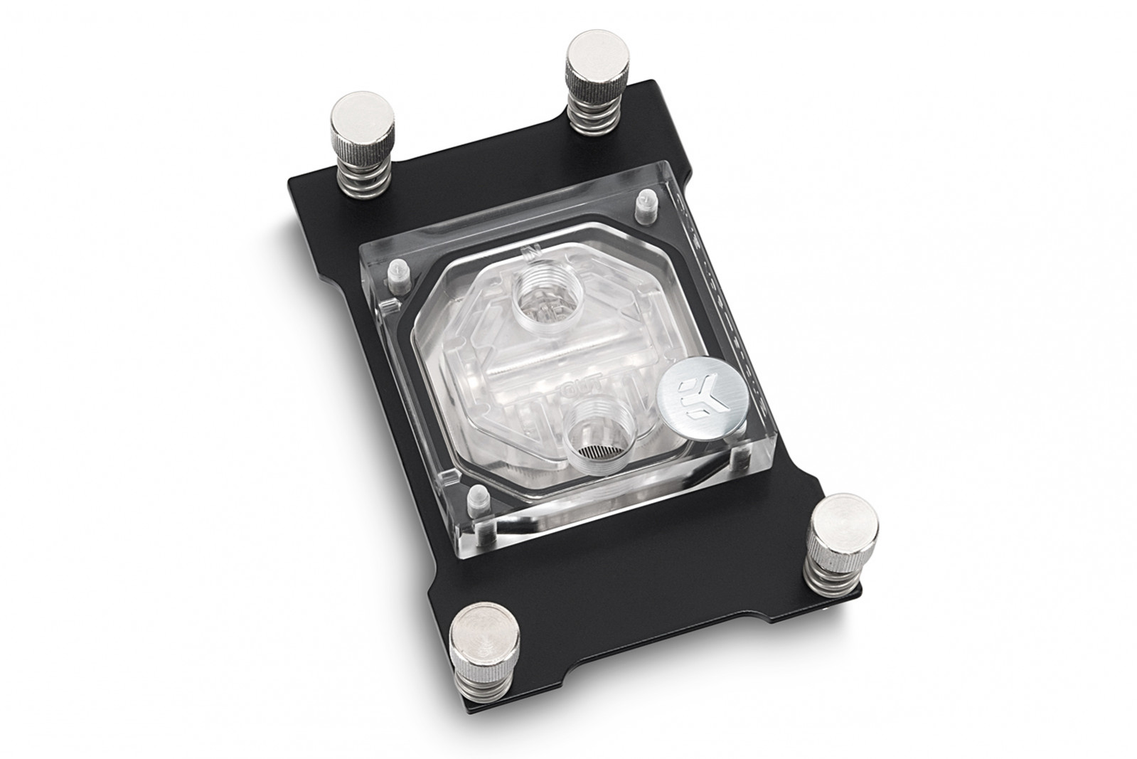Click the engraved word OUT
click(571, 389)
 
